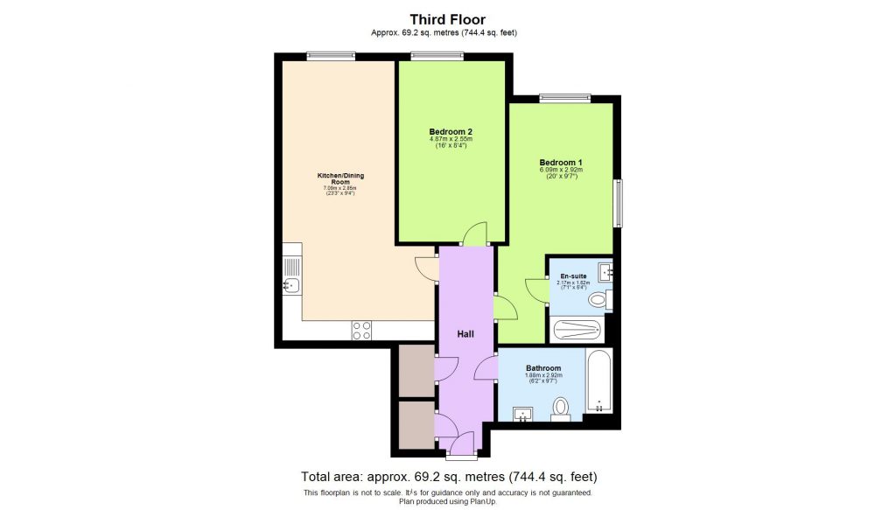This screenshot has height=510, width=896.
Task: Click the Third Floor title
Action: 448,18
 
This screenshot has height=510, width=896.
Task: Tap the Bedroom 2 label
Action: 451,133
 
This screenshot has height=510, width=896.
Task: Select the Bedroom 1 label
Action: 561,164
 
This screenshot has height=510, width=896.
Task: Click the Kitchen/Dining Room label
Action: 340,179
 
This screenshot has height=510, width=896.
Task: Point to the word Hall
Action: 465,334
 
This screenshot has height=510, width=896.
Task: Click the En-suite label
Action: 573,276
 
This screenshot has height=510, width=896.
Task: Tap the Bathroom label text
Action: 543,368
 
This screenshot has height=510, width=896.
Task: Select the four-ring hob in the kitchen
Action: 361,330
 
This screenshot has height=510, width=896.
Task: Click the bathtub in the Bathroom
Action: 599,382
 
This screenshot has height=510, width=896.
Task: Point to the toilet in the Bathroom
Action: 561,408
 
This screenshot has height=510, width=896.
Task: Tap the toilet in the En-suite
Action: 598,301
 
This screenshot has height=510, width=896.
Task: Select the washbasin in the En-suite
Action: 605,270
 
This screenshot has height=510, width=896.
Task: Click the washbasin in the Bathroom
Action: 525,414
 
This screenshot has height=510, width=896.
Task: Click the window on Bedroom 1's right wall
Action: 619,203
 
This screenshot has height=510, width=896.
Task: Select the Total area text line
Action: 448,478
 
